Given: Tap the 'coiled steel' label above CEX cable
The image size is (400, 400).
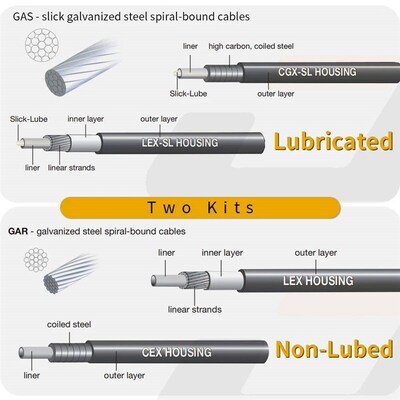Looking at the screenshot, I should click(x=69, y=324).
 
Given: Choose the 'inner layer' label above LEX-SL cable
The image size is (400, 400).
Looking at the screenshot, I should click(x=86, y=119).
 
